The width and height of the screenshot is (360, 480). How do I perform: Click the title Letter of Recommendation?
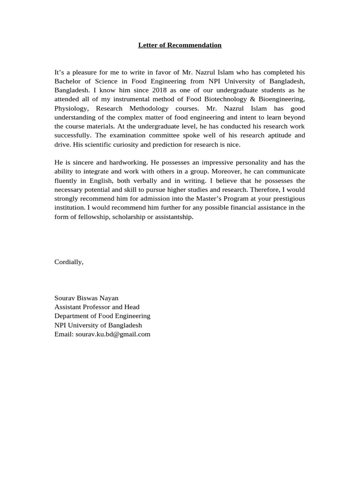pyautogui.click(x=180, y=45)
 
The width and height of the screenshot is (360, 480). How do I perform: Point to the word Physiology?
pyautogui.click(x=70, y=108)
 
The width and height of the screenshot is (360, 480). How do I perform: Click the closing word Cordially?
pyautogui.click(x=68, y=262)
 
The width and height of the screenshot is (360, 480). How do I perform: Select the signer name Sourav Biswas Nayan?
pyautogui.click(x=86, y=298)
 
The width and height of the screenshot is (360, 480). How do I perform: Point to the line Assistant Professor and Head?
pyautogui.click(x=97, y=307)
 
